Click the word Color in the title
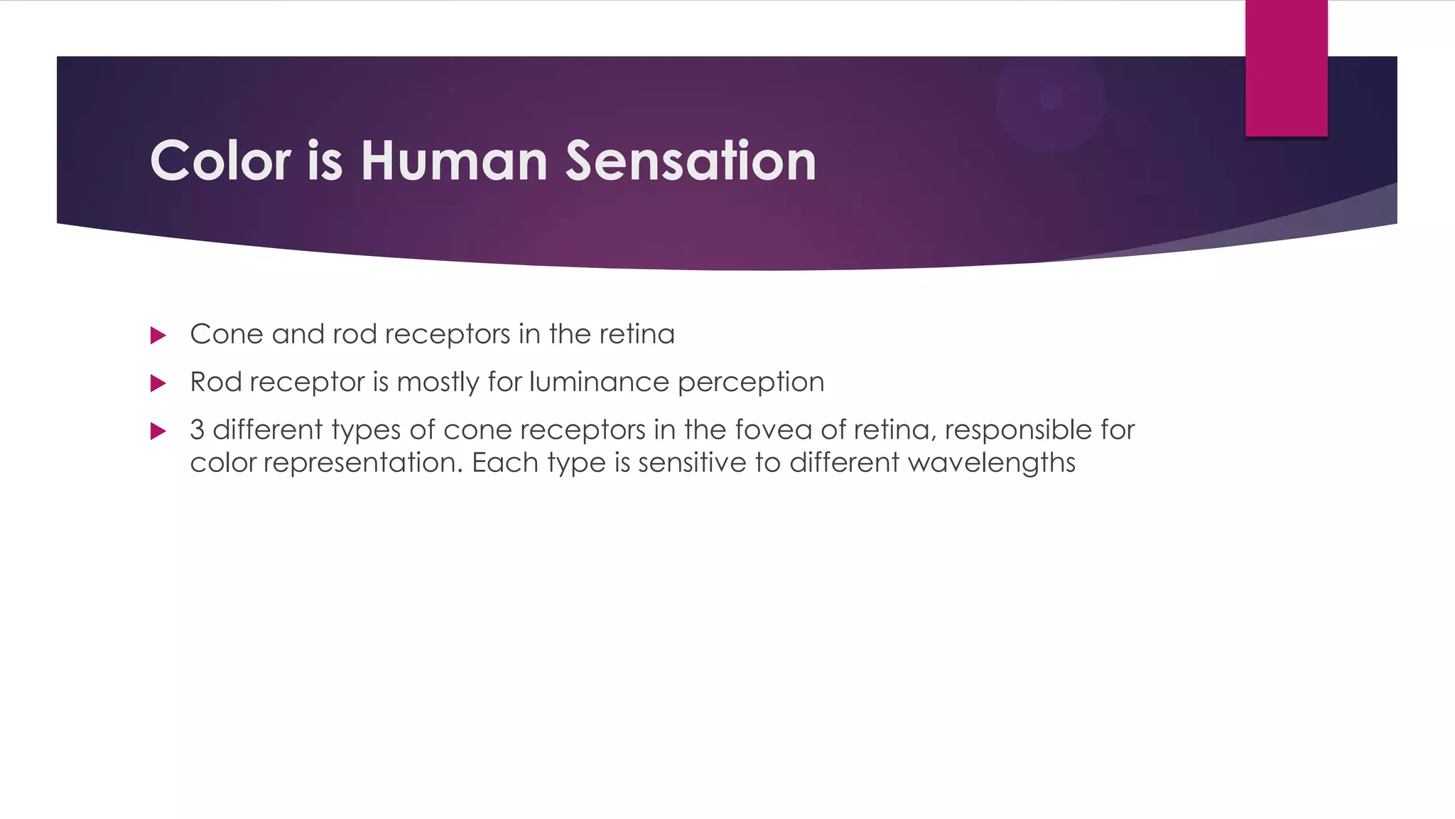220,161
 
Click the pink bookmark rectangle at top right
1286,68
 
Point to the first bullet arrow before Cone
158,336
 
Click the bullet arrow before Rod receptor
158,384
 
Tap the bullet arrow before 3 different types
158,431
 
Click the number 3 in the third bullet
198,430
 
